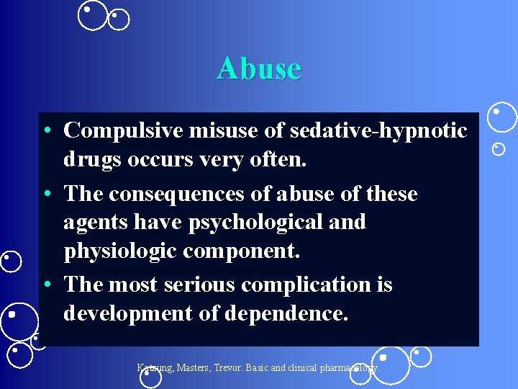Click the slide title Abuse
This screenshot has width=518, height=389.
click(259, 68)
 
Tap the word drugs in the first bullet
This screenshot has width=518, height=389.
click(92, 160)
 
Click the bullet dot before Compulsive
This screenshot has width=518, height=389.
click(46, 132)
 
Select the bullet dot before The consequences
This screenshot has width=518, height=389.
click(46, 194)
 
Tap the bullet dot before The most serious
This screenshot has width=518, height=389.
click(46, 285)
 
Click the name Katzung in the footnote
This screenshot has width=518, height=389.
click(157, 367)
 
